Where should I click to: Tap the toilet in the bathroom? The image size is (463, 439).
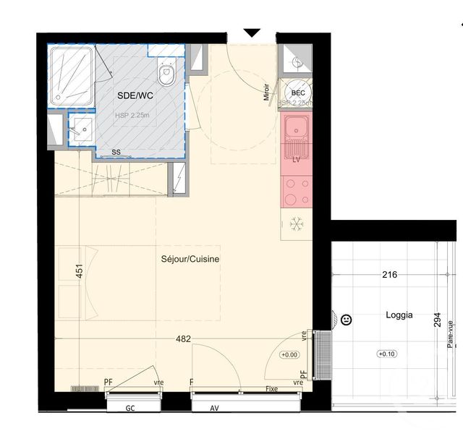point(166,72)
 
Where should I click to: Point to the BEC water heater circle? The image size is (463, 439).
point(297,93)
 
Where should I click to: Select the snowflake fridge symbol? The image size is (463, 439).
point(297,225)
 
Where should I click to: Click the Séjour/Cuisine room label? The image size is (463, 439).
point(190,258)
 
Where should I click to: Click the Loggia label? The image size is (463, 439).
point(399,315)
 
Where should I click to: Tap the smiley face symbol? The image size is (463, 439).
point(346,319)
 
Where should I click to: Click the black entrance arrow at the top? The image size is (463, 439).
point(251,33)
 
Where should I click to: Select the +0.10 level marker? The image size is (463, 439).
point(387,354)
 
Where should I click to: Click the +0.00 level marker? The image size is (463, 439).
point(289,354)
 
